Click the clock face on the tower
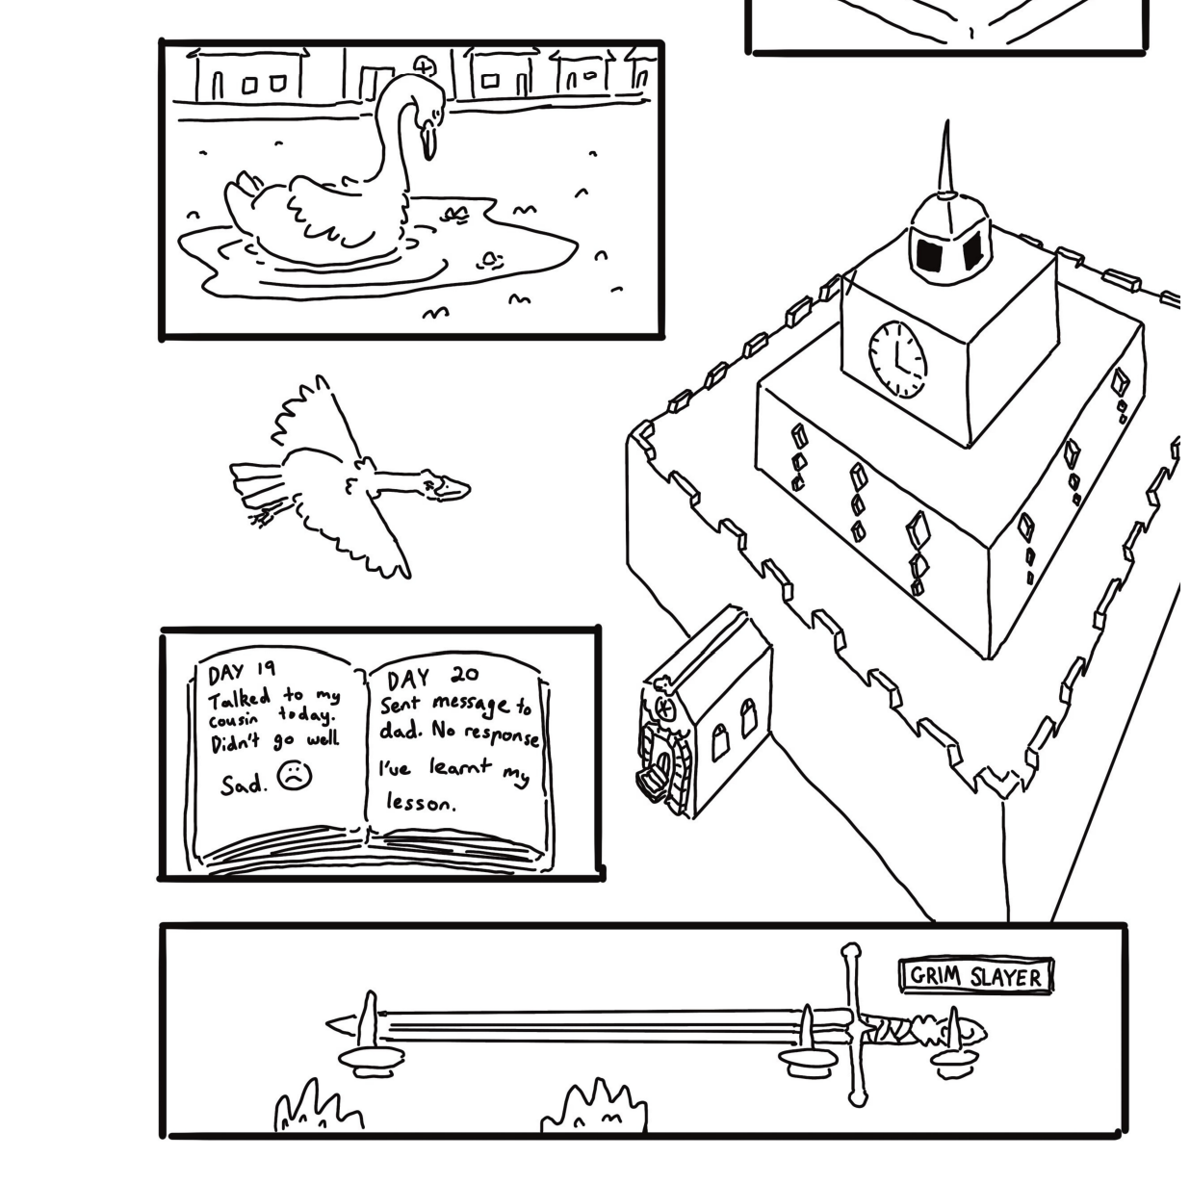click(897, 359)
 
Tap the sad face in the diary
click(295, 775)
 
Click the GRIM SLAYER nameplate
click(975, 976)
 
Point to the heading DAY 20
click(432, 678)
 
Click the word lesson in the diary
click(421, 803)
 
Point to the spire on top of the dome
click(946, 158)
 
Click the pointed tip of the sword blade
click(326, 1024)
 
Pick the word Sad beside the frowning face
click(243, 785)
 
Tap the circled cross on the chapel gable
click(664, 708)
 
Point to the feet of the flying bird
click(263, 516)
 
